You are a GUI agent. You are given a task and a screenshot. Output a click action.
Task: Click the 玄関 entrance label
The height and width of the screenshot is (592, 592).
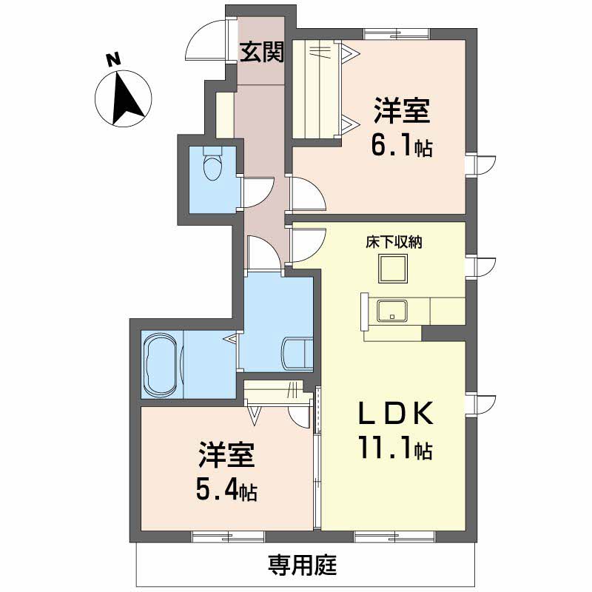click(x=262, y=52)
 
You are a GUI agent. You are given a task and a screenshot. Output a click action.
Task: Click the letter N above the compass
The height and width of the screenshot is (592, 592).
click(x=113, y=60)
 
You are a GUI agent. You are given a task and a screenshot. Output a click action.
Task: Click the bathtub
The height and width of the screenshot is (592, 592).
click(x=161, y=365)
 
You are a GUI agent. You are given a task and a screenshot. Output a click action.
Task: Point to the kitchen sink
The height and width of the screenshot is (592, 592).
click(x=393, y=311)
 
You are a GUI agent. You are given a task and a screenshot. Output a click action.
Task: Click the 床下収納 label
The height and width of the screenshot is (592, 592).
click(x=394, y=242)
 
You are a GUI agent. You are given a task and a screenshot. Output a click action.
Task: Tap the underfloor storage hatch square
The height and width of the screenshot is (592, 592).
click(x=393, y=269)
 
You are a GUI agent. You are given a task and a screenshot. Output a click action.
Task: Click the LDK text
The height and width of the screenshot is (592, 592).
click(x=395, y=414)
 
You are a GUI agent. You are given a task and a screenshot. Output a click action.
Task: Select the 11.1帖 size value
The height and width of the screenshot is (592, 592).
click(x=396, y=448)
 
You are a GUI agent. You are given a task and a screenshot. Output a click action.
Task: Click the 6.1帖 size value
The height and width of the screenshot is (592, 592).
click(x=402, y=144)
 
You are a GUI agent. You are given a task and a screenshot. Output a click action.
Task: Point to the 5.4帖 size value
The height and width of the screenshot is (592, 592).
click(x=226, y=489)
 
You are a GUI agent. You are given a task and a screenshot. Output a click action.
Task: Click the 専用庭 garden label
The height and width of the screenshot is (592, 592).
click(x=303, y=565)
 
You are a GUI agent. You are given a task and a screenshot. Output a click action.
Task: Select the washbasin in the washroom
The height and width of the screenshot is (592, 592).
click(x=297, y=354)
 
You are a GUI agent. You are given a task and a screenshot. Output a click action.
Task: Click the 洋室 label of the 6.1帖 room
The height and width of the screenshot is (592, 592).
click(x=402, y=110)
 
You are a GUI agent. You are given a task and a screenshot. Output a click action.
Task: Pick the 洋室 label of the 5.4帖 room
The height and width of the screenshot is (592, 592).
click(x=226, y=454)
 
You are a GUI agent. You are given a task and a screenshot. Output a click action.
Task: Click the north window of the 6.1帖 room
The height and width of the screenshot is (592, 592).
click(x=397, y=34)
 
